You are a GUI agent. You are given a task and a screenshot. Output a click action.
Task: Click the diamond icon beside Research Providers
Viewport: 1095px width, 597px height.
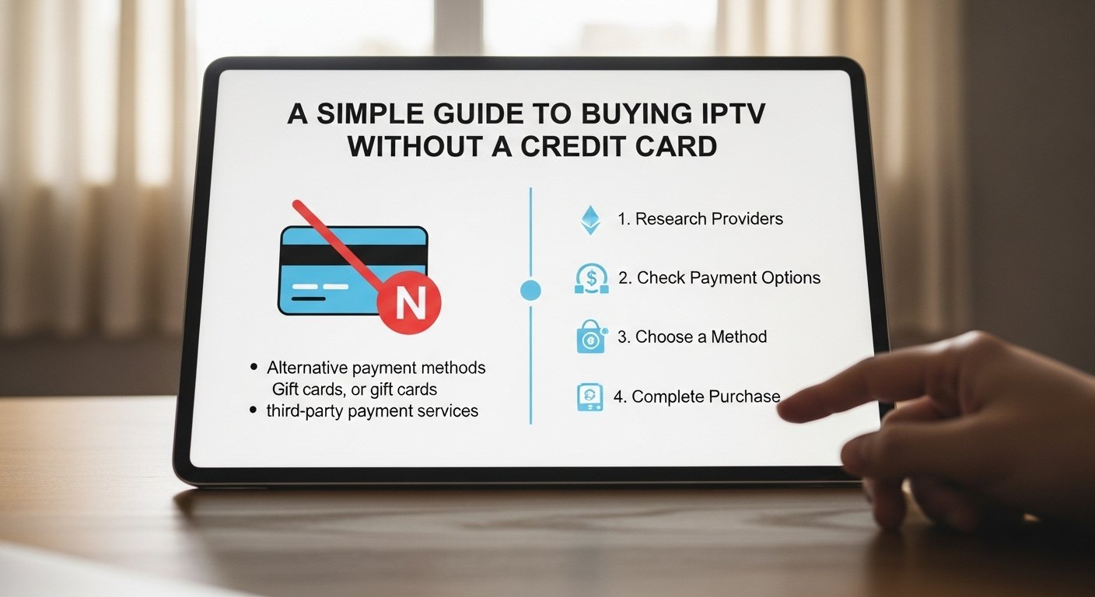[591, 220]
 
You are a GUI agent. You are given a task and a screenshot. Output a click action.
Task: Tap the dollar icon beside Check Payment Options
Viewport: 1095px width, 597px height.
[591, 278]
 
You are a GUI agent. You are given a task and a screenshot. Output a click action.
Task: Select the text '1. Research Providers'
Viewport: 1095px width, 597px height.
[700, 219]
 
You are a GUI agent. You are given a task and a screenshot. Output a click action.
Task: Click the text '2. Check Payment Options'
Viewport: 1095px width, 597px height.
[719, 278]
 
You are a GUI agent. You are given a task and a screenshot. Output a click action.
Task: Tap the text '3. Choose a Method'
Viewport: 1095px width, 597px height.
[691, 337]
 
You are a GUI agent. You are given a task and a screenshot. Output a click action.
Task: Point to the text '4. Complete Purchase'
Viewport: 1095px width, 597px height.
[696, 396]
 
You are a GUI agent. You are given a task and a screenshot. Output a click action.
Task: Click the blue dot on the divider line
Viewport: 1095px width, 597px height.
[530, 291]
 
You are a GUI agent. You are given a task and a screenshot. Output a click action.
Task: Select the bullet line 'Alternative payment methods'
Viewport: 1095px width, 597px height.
[376, 368]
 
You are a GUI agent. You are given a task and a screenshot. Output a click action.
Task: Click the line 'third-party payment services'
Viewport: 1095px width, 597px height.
[372, 410]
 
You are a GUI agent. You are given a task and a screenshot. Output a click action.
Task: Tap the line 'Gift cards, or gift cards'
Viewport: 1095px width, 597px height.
[354, 389]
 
